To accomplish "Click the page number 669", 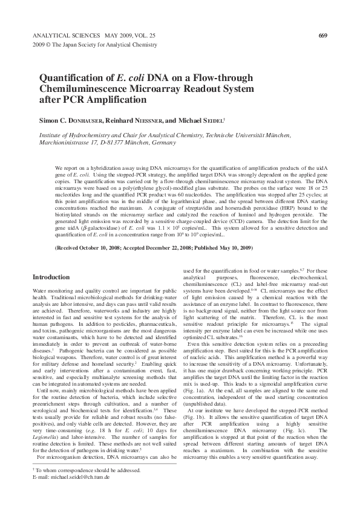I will (x=322, y=36).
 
